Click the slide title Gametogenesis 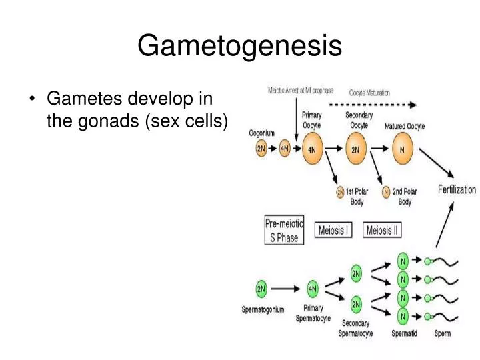pos(239,46)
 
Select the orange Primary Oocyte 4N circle pos(312,150)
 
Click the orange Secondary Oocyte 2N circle pos(355,150)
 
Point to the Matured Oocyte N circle pos(401,150)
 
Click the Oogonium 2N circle pos(261,149)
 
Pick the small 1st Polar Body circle pos(340,192)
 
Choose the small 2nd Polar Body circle pos(386,192)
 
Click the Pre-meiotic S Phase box pos(285,231)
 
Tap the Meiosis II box pos(383,230)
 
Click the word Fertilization pos(457,189)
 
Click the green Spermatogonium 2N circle pos(262,289)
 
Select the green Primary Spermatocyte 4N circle pos(313,289)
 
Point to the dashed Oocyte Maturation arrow pos(373,105)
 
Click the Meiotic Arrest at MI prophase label pos(301,91)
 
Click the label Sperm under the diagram pos(442,333)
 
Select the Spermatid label pos(404,333)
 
